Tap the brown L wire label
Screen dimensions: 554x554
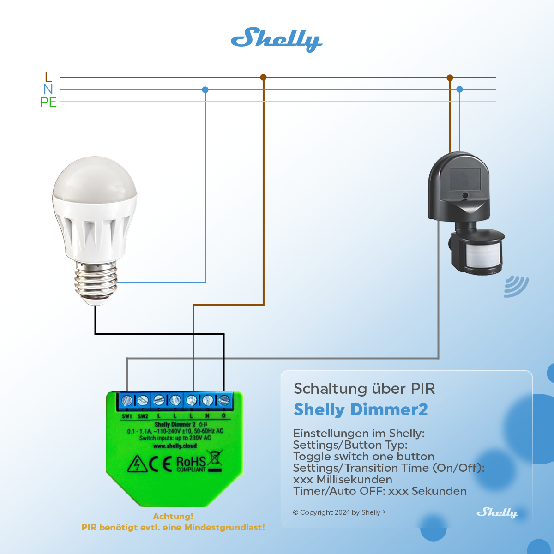(48, 78)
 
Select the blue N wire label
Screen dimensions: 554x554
(48, 90)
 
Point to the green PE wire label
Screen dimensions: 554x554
(48, 102)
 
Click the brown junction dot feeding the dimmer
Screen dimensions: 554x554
(263, 78)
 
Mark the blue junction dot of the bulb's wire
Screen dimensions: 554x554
(205, 90)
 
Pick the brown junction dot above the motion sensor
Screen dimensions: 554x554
(450, 78)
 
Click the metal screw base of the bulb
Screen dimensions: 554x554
(96, 282)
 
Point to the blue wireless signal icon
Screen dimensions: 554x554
(516, 286)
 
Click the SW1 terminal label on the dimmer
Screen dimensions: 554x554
(127, 416)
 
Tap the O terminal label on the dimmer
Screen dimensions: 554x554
(224, 416)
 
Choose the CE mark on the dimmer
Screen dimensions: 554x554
(161, 464)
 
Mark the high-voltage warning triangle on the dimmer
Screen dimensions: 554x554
(137, 464)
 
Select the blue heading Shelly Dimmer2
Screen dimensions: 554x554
(361, 409)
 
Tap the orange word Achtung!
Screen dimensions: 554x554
(173, 516)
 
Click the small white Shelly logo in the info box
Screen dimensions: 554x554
(497, 512)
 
